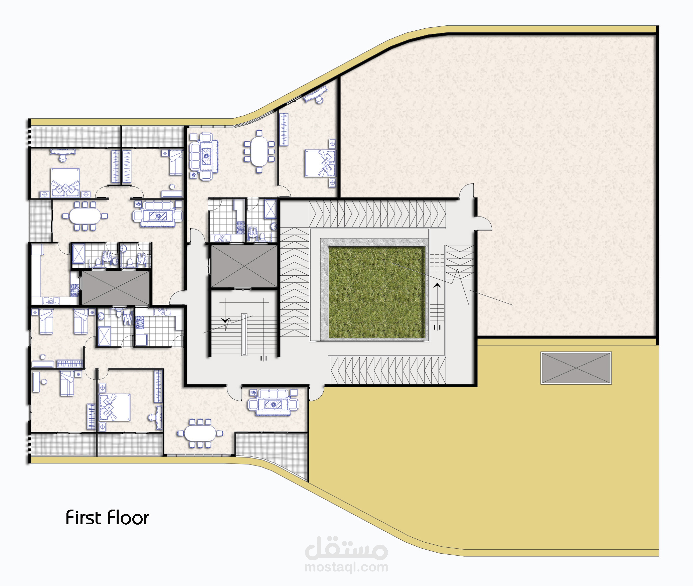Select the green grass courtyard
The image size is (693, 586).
tap(377, 292)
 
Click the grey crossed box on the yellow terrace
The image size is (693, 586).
tap(576, 368)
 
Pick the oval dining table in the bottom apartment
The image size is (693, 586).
tap(200, 433)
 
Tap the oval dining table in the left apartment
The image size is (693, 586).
tap(85, 216)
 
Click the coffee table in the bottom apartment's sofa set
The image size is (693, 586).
tap(273, 404)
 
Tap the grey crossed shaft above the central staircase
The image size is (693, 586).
tap(244, 266)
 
